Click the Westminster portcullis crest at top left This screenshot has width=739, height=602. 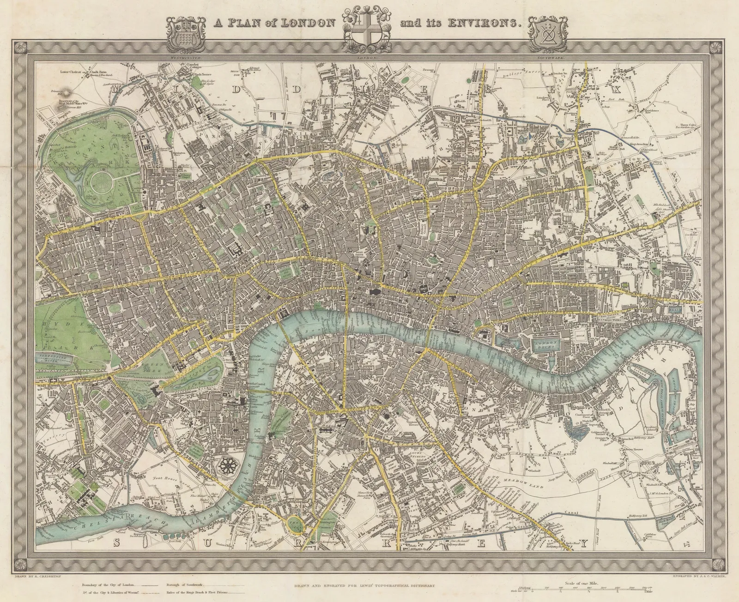(186, 33)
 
